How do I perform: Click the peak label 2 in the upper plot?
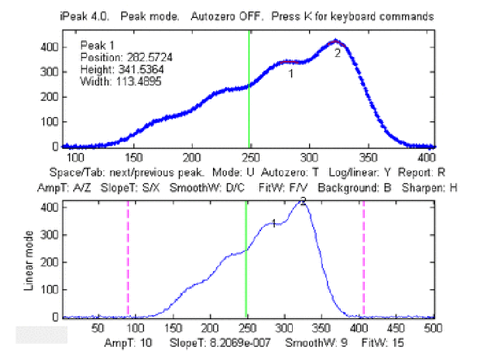click(x=337, y=53)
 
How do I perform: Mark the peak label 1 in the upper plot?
click(x=290, y=74)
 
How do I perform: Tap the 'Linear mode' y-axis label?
click(x=28, y=261)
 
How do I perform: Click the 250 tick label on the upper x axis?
click(x=250, y=157)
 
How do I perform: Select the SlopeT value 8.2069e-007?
click(x=232, y=343)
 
